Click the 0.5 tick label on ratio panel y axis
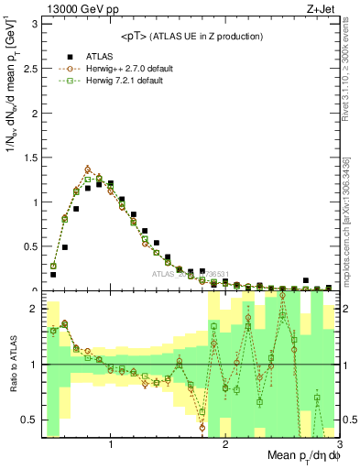coord(29,420)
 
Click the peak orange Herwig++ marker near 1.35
coord(88,169)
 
